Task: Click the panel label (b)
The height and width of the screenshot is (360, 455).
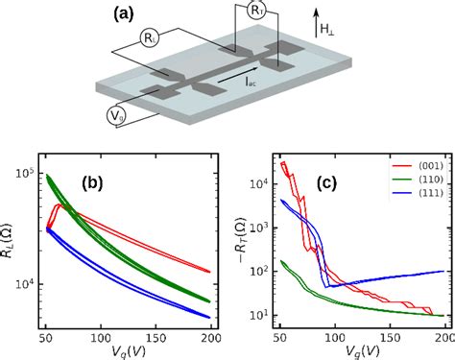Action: (x=129, y=182)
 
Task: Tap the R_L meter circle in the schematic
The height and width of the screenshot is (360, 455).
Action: (x=150, y=38)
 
